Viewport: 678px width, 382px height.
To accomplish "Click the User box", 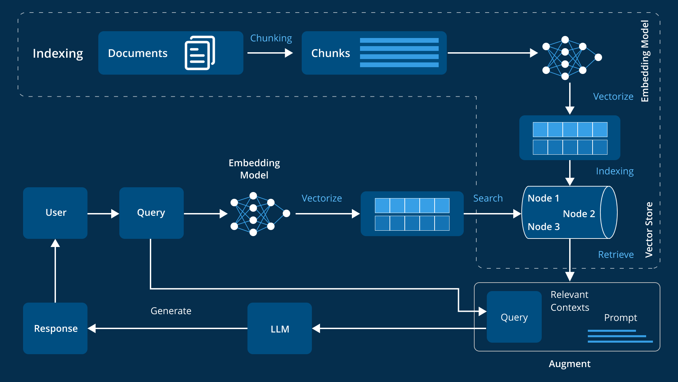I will click(x=55, y=213).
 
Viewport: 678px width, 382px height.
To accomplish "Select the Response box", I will click(x=55, y=328).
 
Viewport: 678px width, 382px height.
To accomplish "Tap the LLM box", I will click(x=280, y=328).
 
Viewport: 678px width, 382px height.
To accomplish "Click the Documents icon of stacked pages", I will click(x=200, y=53).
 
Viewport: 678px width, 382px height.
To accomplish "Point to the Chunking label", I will click(x=271, y=38).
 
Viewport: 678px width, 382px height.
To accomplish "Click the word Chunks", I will click(x=331, y=53).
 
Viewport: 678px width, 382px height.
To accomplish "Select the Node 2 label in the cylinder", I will click(x=579, y=214).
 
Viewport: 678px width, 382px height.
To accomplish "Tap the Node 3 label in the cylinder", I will click(x=543, y=227).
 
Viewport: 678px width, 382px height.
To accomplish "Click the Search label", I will click(x=488, y=198).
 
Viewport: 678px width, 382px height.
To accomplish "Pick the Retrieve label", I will click(x=616, y=254).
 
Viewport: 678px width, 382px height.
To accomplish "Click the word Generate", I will click(x=171, y=311).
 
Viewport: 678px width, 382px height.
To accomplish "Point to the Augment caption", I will click(x=570, y=364).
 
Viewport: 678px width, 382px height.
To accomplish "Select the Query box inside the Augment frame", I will click(x=514, y=317).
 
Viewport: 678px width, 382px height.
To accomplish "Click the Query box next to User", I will click(x=151, y=213).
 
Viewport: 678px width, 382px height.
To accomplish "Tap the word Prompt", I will click(x=620, y=318).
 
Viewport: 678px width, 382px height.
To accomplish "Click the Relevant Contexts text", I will click(x=570, y=301).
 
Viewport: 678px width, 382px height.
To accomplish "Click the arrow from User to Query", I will click(x=103, y=214).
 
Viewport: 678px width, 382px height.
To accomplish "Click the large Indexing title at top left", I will click(x=58, y=54).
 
